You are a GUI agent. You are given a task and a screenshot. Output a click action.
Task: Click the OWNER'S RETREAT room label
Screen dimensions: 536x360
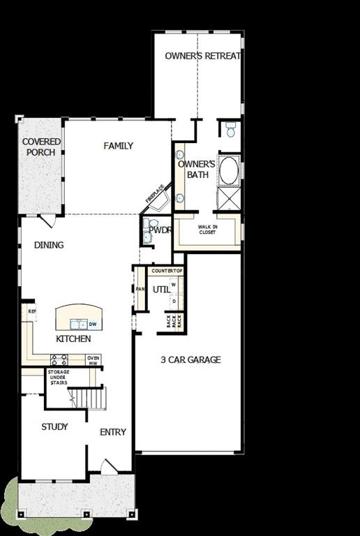(203, 56)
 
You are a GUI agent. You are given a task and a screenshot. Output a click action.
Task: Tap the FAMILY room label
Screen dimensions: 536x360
(118, 146)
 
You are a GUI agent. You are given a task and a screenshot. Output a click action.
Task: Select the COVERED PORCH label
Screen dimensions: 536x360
(41, 147)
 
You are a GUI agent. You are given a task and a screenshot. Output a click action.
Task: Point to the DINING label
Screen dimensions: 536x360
(49, 245)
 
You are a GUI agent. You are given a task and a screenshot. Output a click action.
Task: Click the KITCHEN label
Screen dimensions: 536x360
(73, 338)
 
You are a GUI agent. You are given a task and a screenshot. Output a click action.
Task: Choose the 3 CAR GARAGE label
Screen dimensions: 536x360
(190, 359)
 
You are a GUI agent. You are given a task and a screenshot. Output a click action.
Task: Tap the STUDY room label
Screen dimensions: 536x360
(54, 426)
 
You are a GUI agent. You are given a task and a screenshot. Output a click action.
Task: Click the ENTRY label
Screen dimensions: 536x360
(113, 432)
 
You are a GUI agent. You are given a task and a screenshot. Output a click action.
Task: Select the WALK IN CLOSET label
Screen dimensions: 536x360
(207, 230)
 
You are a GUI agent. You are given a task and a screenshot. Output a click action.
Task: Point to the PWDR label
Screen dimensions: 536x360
(159, 230)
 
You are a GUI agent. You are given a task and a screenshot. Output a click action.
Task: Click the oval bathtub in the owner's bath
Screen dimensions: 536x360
(228, 170)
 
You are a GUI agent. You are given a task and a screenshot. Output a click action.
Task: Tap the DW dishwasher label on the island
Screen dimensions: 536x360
(92, 324)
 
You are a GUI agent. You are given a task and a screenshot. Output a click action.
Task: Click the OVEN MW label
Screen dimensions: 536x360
(93, 360)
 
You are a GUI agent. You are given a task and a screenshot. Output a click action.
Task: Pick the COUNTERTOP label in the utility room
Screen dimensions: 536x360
(167, 271)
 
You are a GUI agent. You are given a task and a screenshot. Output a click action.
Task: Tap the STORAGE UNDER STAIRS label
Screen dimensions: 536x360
(58, 378)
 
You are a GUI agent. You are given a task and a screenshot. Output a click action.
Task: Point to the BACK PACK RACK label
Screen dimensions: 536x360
(174, 321)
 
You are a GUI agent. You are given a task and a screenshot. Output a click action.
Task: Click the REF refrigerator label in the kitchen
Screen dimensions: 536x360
(31, 311)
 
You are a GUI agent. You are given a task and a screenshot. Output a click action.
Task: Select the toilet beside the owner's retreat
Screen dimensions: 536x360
(230, 129)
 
